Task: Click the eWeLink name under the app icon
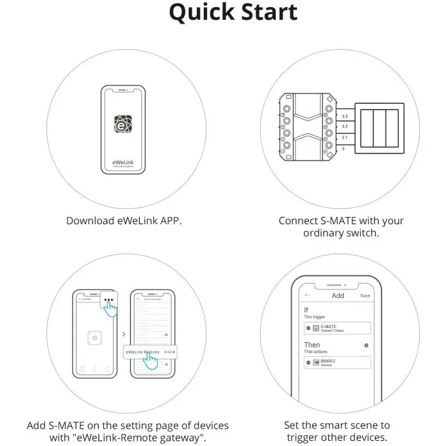[x=122, y=156]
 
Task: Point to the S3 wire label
[x=345, y=117]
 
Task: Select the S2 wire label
[x=345, y=127]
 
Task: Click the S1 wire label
[x=345, y=137]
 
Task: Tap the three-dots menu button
[x=110, y=299]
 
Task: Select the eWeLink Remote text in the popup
[x=142, y=352]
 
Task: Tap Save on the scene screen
[x=365, y=296]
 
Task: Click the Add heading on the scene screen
[x=338, y=296]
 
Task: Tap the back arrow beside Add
[x=307, y=296]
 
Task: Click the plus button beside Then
[x=366, y=345]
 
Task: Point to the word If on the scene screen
[x=306, y=310]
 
